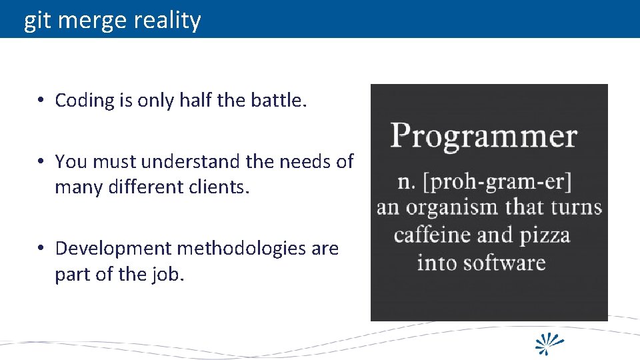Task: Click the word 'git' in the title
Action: coord(37,21)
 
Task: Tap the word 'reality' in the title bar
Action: coord(167,21)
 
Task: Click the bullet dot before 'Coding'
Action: coord(41,101)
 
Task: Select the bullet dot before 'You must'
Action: coord(41,162)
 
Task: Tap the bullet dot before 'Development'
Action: coord(41,249)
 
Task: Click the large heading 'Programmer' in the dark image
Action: coord(483,137)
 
